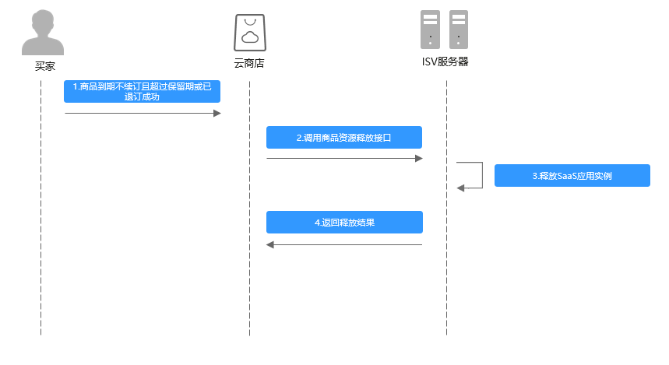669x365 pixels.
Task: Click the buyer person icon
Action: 41,32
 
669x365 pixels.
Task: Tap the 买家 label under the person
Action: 45,65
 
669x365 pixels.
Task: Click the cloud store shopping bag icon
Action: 249,32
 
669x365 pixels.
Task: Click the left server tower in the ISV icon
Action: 431,30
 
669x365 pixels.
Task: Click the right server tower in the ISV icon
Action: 459,30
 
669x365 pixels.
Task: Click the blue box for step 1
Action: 143,92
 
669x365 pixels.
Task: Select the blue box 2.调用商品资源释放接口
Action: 344,137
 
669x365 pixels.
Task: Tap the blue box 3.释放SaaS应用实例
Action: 572,176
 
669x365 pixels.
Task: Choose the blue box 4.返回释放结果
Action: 344,222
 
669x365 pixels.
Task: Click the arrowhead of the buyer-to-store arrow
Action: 217,114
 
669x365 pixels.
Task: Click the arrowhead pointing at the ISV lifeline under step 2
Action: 418,159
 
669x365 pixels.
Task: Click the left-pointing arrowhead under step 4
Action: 271,244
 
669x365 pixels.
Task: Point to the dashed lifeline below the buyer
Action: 40,233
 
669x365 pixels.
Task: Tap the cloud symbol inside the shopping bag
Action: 249,37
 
